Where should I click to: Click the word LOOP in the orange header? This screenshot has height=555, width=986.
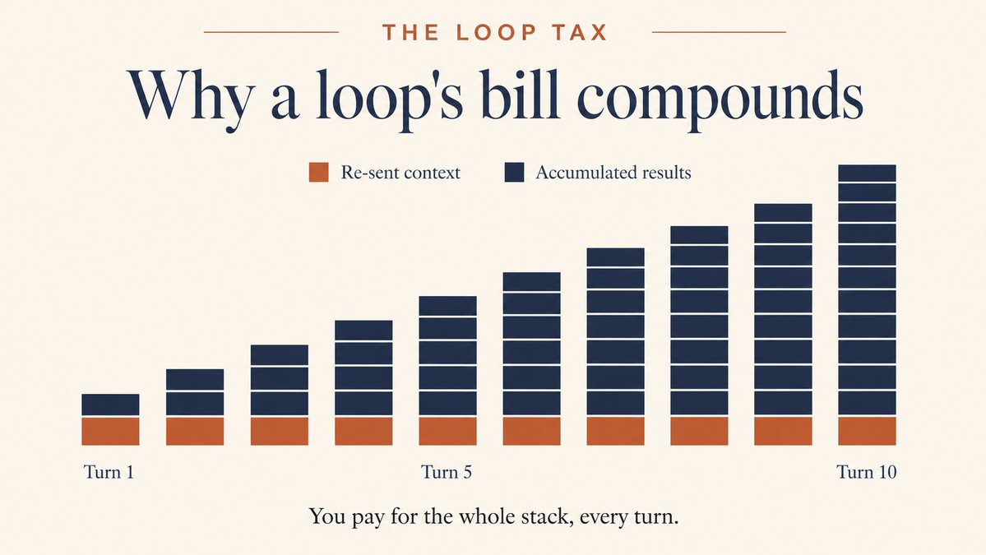point(497,32)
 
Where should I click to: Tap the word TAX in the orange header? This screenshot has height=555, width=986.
point(580,32)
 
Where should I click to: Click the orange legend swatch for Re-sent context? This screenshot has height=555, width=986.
point(319,172)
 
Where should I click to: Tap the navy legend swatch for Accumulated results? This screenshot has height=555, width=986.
point(514,172)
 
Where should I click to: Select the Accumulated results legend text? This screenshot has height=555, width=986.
point(613,172)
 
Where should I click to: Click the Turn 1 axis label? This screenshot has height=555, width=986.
point(109,472)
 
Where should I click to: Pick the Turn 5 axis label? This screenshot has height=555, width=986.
point(447,472)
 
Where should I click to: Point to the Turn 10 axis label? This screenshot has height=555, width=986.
point(866,472)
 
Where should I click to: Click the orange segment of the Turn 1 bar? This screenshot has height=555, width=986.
point(111,431)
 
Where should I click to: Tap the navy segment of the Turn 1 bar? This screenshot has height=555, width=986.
point(111,405)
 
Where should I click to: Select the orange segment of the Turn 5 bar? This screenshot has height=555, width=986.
point(447,431)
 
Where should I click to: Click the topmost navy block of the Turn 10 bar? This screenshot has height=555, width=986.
point(867,173)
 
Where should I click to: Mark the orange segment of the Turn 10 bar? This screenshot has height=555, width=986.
point(867,431)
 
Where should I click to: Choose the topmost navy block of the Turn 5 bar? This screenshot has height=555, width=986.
point(447,306)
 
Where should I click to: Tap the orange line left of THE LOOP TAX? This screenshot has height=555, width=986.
point(271,32)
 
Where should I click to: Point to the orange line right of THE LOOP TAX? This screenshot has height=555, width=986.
point(719,32)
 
